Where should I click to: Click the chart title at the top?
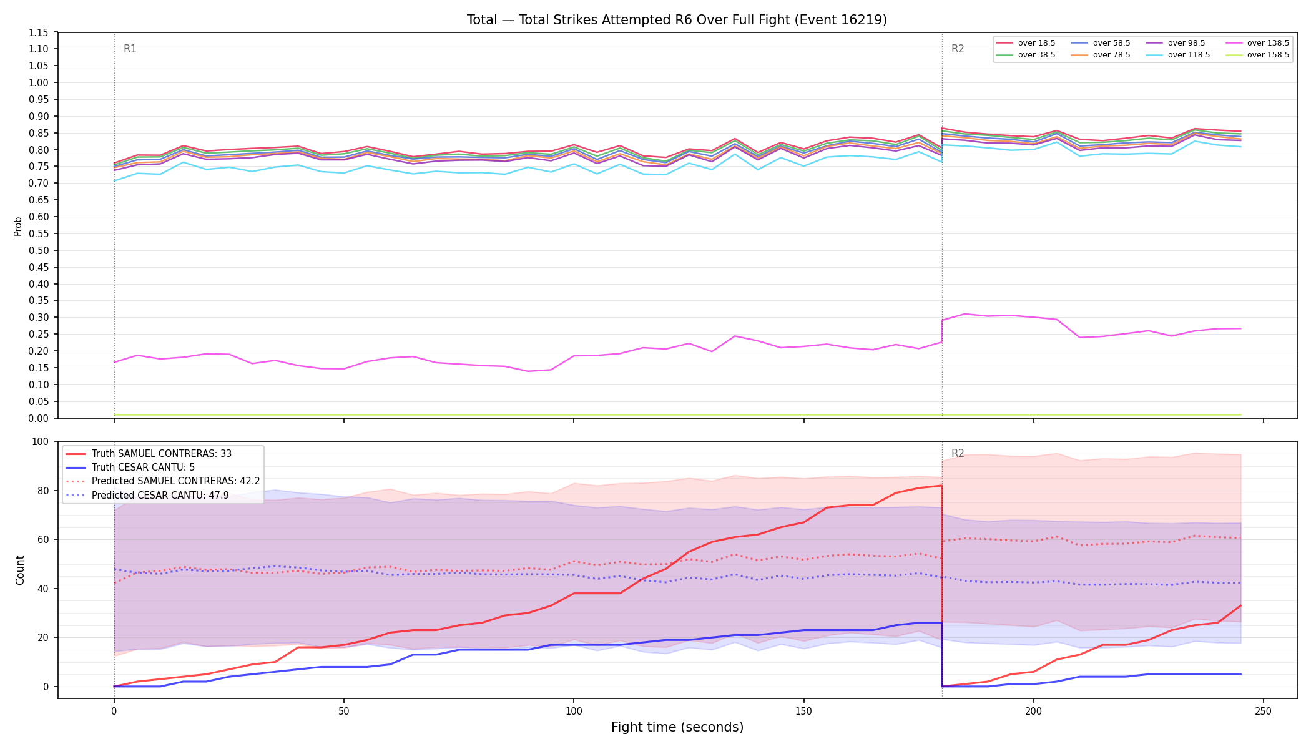point(677,20)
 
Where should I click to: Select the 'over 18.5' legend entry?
point(1026,43)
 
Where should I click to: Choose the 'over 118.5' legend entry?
point(1178,55)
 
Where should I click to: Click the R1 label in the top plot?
point(130,49)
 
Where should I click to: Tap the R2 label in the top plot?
point(958,49)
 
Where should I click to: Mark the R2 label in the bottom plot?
point(958,453)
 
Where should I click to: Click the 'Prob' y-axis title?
point(18,226)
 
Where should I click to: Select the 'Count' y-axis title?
point(20,570)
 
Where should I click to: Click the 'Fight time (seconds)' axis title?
point(677,727)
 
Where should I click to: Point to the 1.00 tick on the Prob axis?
point(39,82)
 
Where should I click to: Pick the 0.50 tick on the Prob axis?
point(39,250)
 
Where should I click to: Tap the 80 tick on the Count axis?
point(44,491)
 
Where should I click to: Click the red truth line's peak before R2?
point(941,486)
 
